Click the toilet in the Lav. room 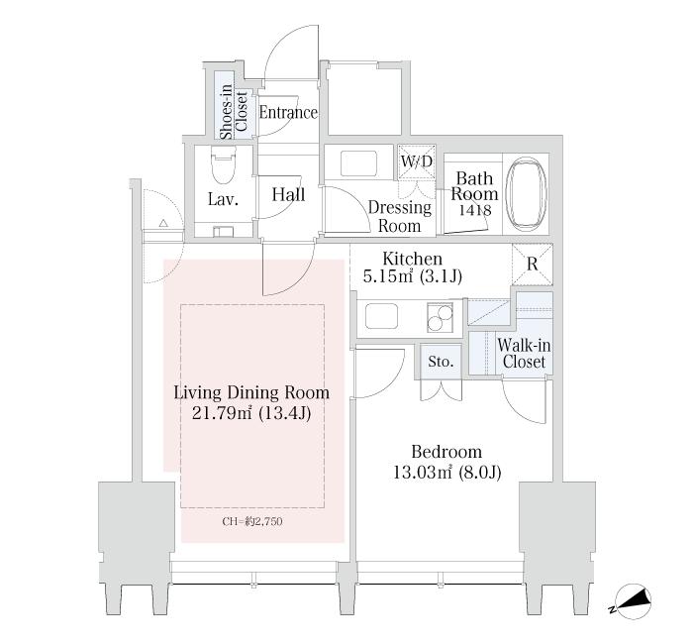pyautogui.click(x=223, y=165)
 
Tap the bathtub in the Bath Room pyautogui.click(x=526, y=194)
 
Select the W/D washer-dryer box pyautogui.click(x=417, y=162)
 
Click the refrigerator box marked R pyautogui.click(x=533, y=265)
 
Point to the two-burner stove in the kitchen pyautogui.click(x=440, y=318)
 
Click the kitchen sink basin pyautogui.click(x=381, y=316)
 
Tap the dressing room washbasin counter pyautogui.click(x=358, y=162)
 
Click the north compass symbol pyautogui.click(x=632, y=602)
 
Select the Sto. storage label pyautogui.click(x=441, y=362)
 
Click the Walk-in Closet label pyautogui.click(x=524, y=354)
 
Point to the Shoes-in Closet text pyautogui.click(x=234, y=112)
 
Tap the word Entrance pyautogui.click(x=288, y=112)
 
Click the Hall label pyautogui.click(x=288, y=194)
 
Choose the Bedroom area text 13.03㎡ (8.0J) pyautogui.click(x=447, y=473)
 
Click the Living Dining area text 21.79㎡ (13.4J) pyautogui.click(x=251, y=413)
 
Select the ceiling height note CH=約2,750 pyautogui.click(x=252, y=521)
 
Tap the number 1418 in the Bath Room pyautogui.click(x=474, y=210)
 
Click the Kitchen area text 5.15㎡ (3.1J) pyautogui.click(x=413, y=276)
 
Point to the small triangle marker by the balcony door pyautogui.click(x=163, y=223)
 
